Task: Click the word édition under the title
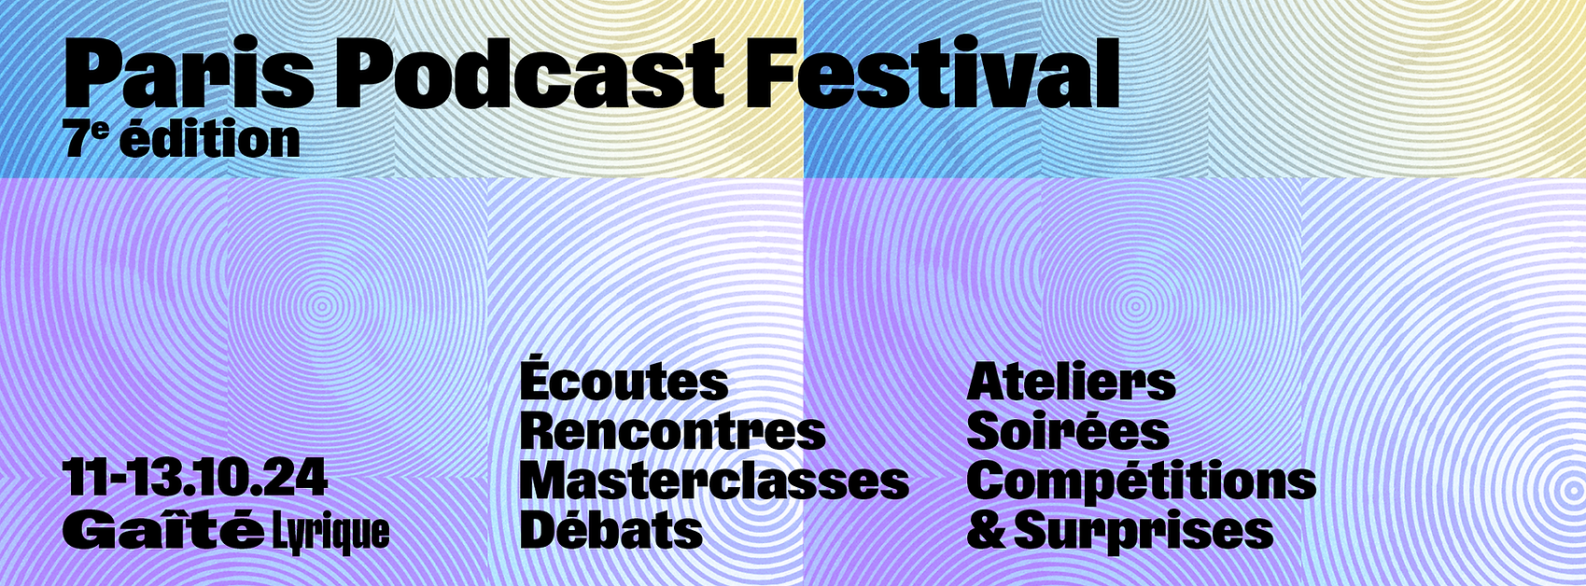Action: [x=210, y=139]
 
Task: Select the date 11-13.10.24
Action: [x=195, y=478]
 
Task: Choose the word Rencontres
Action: [x=673, y=431]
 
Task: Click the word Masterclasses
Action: [x=714, y=481]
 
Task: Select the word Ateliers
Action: [x=1071, y=383]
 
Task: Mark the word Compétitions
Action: [x=1142, y=482]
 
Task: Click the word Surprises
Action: [x=1144, y=532]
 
